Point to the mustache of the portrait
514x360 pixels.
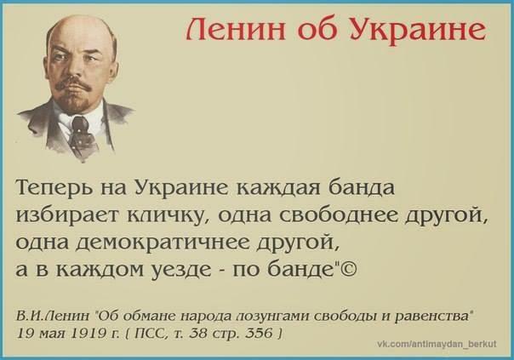73,84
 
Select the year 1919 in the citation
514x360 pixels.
89,333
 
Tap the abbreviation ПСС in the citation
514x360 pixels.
150,333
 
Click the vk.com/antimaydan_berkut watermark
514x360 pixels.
437,344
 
